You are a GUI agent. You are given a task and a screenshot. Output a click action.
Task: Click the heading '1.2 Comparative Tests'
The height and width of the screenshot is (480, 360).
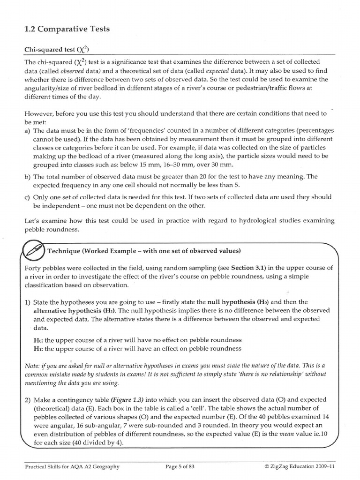point(67,29)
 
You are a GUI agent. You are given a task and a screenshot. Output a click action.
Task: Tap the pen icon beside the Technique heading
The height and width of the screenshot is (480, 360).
point(34,250)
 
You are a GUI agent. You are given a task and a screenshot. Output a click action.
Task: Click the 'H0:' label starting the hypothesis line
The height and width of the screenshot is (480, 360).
point(37,339)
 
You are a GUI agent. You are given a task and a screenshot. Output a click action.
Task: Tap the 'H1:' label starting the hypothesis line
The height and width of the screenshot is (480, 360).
point(37,348)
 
